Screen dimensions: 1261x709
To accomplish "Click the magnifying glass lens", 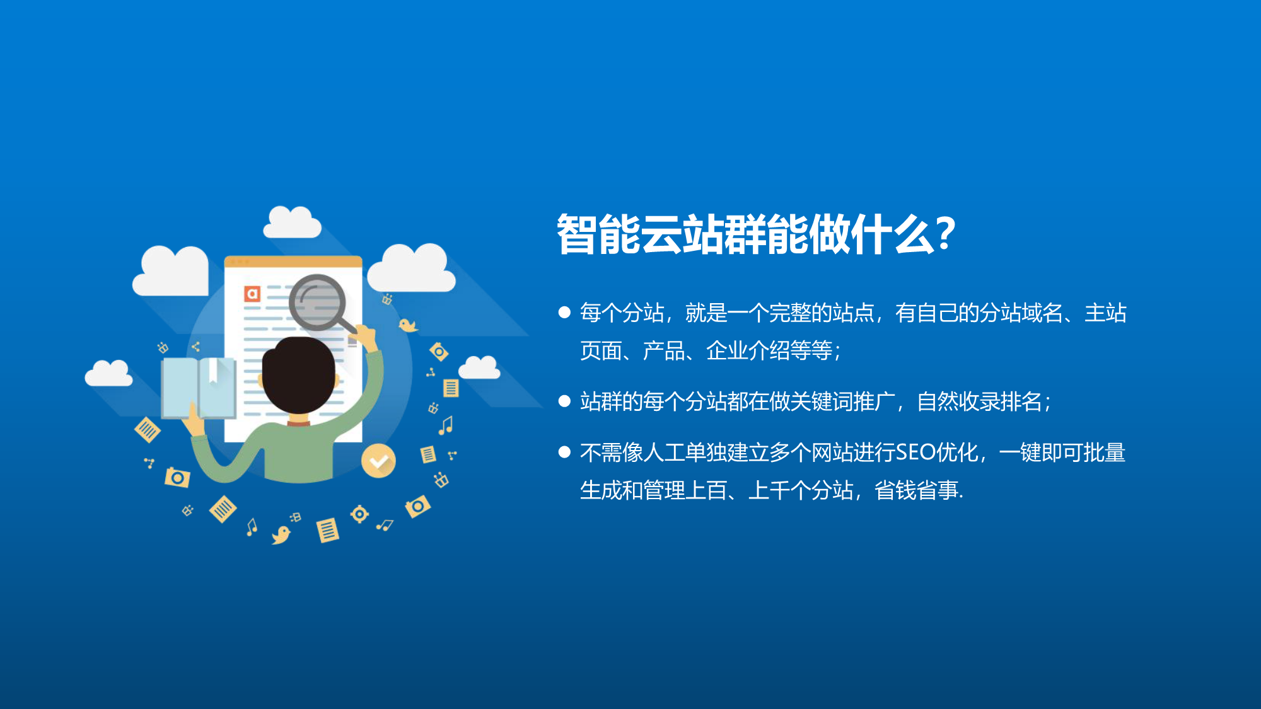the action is coord(318,302).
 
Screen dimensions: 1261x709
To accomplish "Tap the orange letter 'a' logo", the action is coord(252,294).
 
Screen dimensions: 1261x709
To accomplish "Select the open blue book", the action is coord(199,388).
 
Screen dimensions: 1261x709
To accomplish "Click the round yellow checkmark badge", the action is coord(378,461).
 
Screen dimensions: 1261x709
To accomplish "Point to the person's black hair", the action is coord(298,374).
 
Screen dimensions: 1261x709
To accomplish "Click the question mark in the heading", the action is coord(946,233).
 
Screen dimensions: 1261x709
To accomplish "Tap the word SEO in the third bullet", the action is coord(915,452).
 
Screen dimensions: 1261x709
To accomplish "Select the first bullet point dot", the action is coord(564,312).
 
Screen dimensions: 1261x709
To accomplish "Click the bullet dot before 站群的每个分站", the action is coord(564,401).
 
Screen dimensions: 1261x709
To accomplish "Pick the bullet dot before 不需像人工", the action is coord(564,452).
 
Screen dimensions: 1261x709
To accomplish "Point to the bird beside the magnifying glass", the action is coord(408,325).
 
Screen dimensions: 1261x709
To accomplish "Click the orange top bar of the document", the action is coord(293,262).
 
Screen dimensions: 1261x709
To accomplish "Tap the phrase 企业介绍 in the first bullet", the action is coord(748,350).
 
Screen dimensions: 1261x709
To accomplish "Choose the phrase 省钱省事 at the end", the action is coord(916,490).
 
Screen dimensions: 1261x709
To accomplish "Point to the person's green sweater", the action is coord(296,451).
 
